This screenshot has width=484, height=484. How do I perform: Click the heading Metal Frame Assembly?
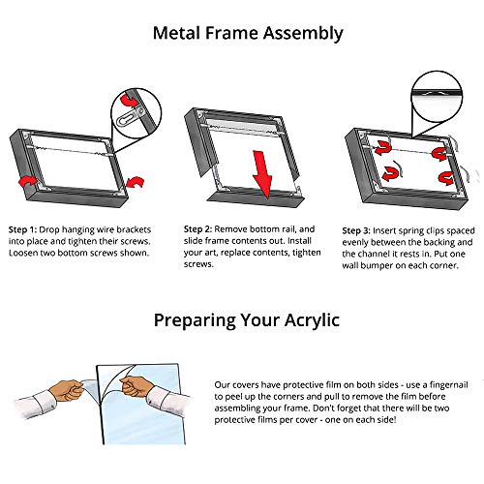coord(248,33)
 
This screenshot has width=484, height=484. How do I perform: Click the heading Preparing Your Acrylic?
coord(247,320)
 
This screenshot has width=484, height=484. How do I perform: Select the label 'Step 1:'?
coord(22,229)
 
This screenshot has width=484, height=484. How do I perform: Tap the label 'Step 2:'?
coord(197,229)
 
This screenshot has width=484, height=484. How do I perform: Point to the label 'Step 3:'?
coord(356,231)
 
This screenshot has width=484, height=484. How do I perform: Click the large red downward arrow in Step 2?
coord(262,174)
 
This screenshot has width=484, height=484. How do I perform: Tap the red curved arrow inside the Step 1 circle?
coord(129,101)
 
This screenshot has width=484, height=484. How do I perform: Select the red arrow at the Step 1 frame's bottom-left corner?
coord(27,181)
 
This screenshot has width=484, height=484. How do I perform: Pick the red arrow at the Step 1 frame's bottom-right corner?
coord(136,182)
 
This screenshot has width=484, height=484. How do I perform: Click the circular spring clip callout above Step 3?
coord(438,97)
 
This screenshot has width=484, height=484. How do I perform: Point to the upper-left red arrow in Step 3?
coord(383,148)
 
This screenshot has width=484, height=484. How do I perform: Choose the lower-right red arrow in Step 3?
coord(446,178)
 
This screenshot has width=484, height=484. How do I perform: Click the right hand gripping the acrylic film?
coord(136,386)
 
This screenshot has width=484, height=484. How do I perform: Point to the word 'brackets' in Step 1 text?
coord(134,229)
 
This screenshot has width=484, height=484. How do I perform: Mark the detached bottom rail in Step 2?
coord(255,197)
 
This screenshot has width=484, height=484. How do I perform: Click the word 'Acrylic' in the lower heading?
coord(312,320)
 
